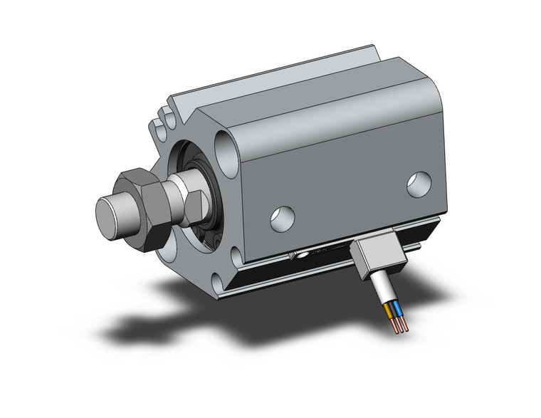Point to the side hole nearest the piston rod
[283, 216]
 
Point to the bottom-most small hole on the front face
[168, 247]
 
